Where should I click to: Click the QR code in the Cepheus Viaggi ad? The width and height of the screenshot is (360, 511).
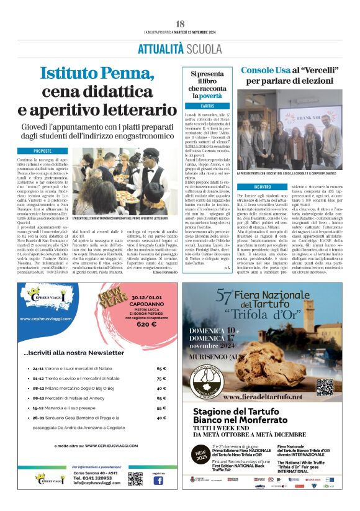coord(135,479)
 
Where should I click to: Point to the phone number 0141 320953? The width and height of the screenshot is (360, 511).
coord(93,478)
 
